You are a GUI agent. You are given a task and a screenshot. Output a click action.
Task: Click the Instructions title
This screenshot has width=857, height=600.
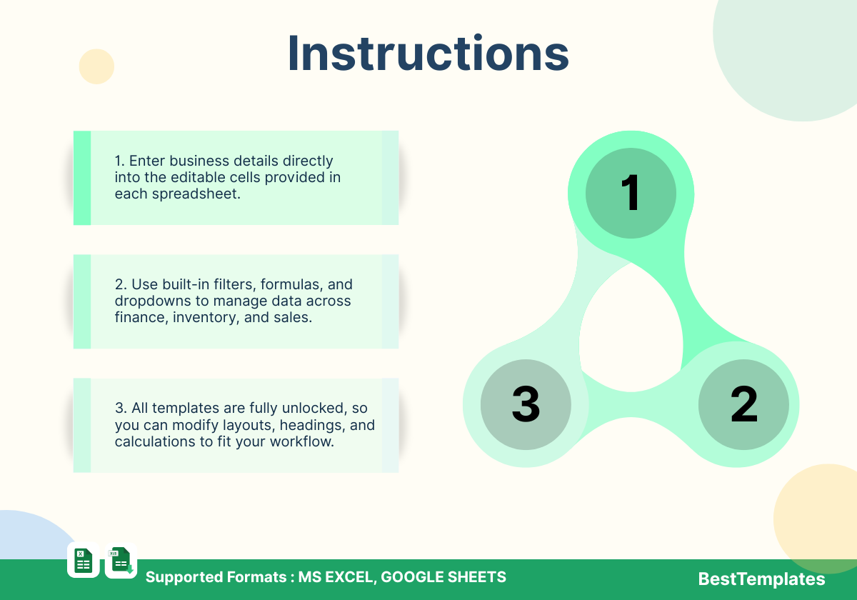(428, 53)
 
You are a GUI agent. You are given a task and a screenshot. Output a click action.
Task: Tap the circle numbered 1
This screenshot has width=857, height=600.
(631, 194)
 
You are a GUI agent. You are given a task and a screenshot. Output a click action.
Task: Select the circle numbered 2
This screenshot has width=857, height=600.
(743, 404)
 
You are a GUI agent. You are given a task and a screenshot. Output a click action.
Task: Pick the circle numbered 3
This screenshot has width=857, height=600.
(526, 404)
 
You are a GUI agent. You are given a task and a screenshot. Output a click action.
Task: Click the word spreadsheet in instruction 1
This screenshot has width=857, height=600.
(196, 194)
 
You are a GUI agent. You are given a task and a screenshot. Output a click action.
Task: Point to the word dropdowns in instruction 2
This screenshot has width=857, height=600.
(153, 301)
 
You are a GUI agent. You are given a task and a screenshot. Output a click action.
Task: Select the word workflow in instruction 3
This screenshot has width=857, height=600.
(302, 441)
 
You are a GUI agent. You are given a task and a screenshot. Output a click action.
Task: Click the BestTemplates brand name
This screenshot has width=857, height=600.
(761, 579)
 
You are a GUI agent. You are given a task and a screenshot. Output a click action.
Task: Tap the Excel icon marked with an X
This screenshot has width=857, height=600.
(84, 560)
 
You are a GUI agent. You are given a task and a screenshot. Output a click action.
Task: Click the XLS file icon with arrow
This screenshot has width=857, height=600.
(121, 560)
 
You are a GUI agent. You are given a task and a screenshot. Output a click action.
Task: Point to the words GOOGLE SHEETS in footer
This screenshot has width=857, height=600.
(443, 577)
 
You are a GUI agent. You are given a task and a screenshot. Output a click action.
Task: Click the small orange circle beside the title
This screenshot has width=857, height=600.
(96, 66)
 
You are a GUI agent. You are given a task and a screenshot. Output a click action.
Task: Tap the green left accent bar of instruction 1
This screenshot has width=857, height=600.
(82, 178)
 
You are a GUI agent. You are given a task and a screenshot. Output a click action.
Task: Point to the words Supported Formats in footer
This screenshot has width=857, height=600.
(216, 577)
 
